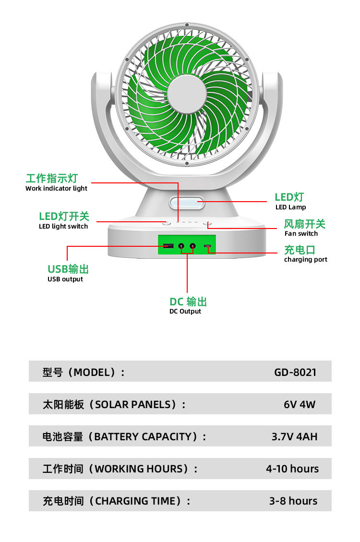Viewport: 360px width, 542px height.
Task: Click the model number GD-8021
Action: point(295,372)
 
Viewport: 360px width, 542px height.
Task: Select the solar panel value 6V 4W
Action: point(300,404)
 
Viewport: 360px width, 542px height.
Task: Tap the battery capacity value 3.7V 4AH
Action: point(294,436)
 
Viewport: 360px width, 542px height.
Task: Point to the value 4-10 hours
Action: point(292,469)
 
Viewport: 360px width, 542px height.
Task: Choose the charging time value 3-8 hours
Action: point(293,501)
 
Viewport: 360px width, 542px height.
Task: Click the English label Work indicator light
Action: point(56,189)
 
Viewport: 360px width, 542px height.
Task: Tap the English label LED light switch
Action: point(63,227)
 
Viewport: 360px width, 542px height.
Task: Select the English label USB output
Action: point(65,279)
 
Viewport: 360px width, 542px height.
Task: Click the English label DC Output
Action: point(185,312)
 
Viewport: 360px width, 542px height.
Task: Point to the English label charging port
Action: point(305,260)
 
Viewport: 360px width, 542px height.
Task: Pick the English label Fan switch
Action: point(301,234)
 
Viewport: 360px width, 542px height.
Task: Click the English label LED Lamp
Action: point(290,207)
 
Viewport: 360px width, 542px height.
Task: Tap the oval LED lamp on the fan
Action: point(186,203)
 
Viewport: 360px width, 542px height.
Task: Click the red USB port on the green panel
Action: point(168,247)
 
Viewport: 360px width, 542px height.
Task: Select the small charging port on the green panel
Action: point(207,247)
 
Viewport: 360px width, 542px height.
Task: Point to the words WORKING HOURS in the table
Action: point(139,469)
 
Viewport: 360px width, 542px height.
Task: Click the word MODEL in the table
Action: point(95,372)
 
